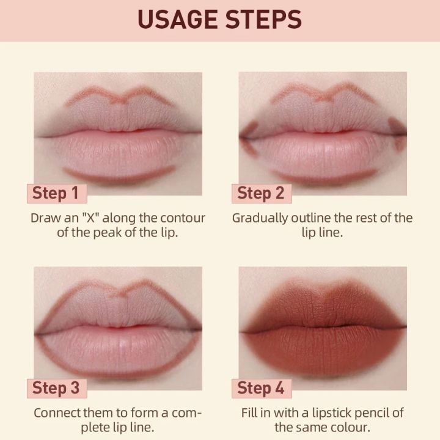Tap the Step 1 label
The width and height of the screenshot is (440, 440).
(56, 194)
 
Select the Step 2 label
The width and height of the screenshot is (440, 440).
(261, 194)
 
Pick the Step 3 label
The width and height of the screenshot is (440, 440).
(56, 387)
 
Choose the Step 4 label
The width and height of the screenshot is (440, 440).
(261, 387)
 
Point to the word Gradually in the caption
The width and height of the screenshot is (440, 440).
(260, 218)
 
